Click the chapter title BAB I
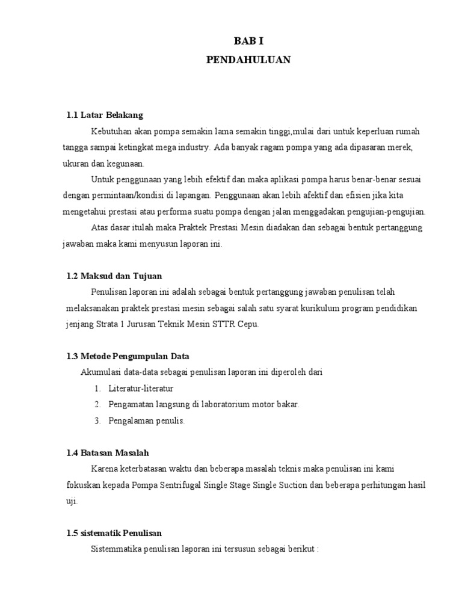pyautogui.click(x=248, y=40)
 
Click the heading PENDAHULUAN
pyautogui.click(x=248, y=60)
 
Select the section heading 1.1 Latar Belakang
pyautogui.click(x=105, y=115)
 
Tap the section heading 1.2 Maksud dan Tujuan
pyautogui.click(x=114, y=276)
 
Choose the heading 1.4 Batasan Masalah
pyautogui.click(x=108, y=452)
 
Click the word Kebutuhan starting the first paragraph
pyautogui.click(x=111, y=131)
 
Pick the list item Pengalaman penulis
pyautogui.click(x=147, y=420)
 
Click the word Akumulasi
pyautogui.click(x=99, y=372)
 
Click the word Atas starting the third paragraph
pyautogui.click(x=99, y=227)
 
